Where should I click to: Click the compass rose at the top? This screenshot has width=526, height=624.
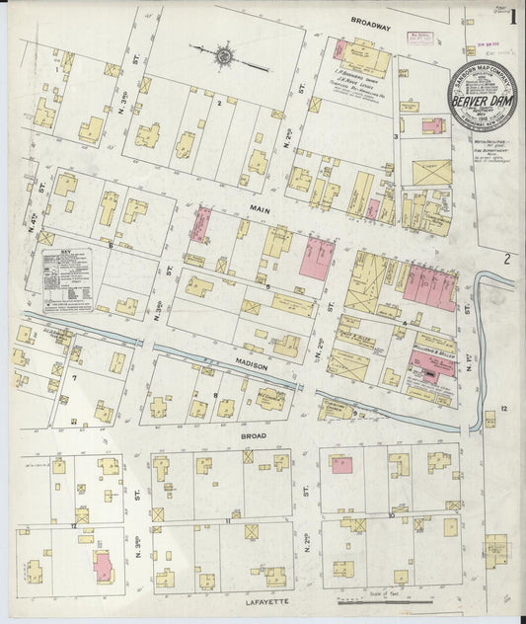pos(225,56)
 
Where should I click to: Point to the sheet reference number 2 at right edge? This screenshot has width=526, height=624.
pos(506,261)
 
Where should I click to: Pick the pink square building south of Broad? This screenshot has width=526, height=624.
pos(341,464)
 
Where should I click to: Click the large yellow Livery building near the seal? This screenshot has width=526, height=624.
pos(431,171)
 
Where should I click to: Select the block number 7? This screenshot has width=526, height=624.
pos(73,377)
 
